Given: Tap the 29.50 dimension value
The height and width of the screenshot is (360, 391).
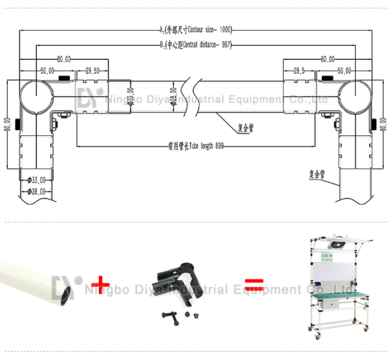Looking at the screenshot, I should tap(93, 70).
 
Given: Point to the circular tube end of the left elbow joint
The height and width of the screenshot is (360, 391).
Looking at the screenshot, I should tap(35, 96).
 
